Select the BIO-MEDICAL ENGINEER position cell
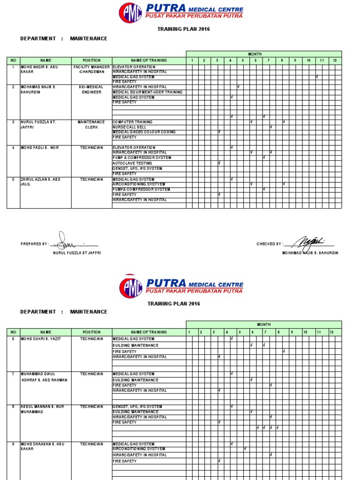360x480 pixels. [91, 90]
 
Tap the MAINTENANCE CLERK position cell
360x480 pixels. [91, 124]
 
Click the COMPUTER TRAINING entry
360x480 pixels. [133, 122]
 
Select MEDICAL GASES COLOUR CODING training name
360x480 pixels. [144, 132]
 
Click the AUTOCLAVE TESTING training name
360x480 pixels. [132, 163]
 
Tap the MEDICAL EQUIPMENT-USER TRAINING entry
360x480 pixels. [148, 92]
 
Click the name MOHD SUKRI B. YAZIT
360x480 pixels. [41, 338]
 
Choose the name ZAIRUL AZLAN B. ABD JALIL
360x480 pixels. [40, 182]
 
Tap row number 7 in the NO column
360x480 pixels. [13, 374]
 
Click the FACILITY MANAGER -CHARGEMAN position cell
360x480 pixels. [91, 69]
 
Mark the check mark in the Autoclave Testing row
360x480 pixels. [219, 163]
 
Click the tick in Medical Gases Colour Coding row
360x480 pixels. [219, 132]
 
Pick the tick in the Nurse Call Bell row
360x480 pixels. [271, 127]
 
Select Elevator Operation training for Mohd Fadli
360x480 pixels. [134, 147]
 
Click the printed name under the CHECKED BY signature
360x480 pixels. [310, 253]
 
